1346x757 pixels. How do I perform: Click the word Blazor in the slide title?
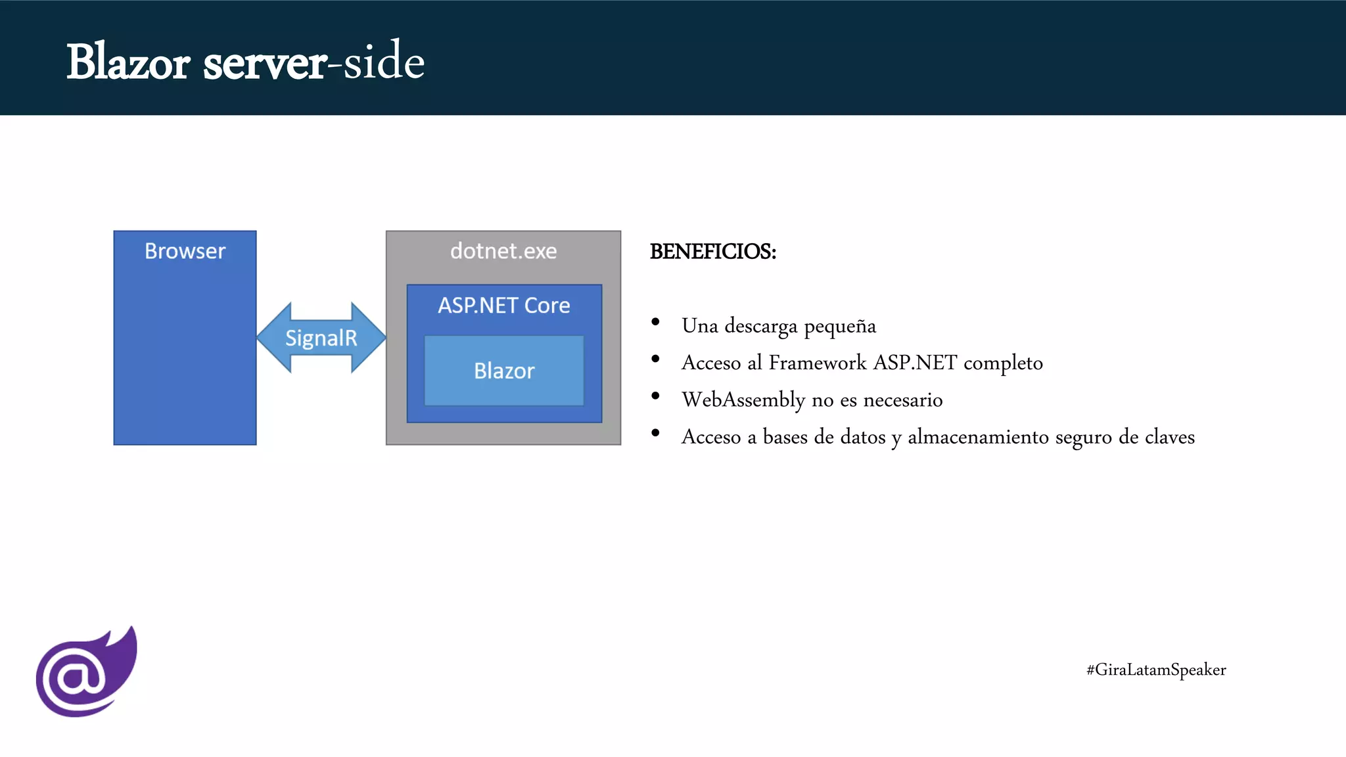pyautogui.click(x=128, y=62)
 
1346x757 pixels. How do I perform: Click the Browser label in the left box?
pyautogui.click(x=185, y=251)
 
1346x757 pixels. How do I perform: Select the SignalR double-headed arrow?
pyautogui.click(x=321, y=338)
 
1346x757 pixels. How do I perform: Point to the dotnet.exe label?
pyautogui.click(x=503, y=251)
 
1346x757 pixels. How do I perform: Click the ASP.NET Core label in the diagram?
pyautogui.click(x=504, y=306)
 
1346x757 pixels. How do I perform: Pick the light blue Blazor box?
pyautogui.click(x=504, y=371)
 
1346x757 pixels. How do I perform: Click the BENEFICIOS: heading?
pyautogui.click(x=713, y=252)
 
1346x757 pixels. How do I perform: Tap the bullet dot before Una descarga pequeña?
pyautogui.click(x=655, y=322)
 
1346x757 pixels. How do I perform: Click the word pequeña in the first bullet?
pyautogui.click(x=840, y=327)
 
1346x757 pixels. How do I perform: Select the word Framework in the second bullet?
pyautogui.click(x=818, y=363)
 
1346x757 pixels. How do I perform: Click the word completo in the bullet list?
pyautogui.click(x=1003, y=363)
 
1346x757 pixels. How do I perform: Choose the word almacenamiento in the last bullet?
pyautogui.click(x=978, y=437)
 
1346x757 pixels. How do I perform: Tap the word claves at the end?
pyautogui.click(x=1169, y=437)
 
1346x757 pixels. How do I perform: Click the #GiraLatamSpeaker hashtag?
pyautogui.click(x=1156, y=670)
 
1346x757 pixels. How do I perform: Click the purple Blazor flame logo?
pyautogui.click(x=86, y=672)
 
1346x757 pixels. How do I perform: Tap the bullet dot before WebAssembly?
pyautogui.click(x=655, y=396)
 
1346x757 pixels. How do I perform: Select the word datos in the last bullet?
pyautogui.click(x=863, y=437)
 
